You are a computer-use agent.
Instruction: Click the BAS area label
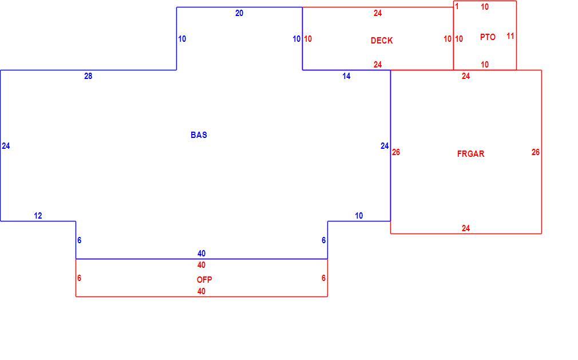click(199, 135)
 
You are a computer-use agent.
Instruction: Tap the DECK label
click(382, 41)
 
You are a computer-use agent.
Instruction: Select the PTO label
click(488, 37)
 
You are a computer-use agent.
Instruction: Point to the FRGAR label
click(470, 153)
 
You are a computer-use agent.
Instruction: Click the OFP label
click(204, 280)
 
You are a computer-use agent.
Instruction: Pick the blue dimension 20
click(239, 13)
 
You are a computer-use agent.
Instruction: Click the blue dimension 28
click(88, 76)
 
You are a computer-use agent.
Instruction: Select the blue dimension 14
click(346, 76)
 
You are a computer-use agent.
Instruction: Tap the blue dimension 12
click(38, 216)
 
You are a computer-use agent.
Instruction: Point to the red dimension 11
click(510, 36)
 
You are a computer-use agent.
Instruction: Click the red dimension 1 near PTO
click(457, 7)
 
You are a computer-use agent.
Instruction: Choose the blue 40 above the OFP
click(201, 254)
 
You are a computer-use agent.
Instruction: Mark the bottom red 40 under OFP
click(201, 291)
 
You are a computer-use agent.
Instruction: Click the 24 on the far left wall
click(6, 146)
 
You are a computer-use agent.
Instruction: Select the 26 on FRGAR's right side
click(536, 152)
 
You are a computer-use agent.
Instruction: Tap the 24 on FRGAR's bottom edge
click(466, 228)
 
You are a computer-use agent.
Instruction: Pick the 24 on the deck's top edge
click(378, 13)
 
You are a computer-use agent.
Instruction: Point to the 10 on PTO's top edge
click(485, 7)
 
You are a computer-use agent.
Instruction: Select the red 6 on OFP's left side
click(79, 278)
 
